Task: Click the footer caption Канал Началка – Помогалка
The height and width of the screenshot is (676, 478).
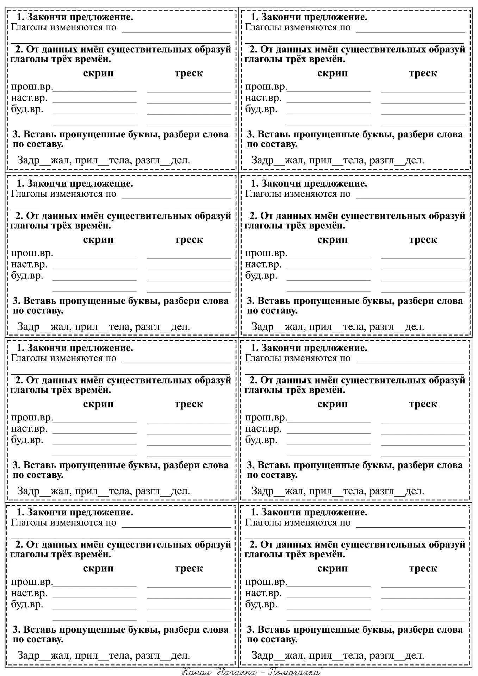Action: pos(252,671)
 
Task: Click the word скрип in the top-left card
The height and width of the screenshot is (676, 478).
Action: pos(98,74)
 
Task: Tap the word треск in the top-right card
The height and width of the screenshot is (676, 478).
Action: pos(423,73)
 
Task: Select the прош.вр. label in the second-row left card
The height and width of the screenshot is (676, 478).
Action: pos(32,253)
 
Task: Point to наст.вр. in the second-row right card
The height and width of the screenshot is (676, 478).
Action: pos(263,264)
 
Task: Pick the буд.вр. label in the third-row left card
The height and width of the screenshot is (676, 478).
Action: pos(27,440)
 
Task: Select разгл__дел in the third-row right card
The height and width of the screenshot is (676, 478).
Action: pos(397,491)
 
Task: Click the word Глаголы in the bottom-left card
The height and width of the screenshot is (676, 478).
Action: pos(29,522)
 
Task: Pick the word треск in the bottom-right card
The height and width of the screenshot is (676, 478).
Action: pos(423,568)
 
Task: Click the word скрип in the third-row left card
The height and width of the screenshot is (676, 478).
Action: pos(98,404)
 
